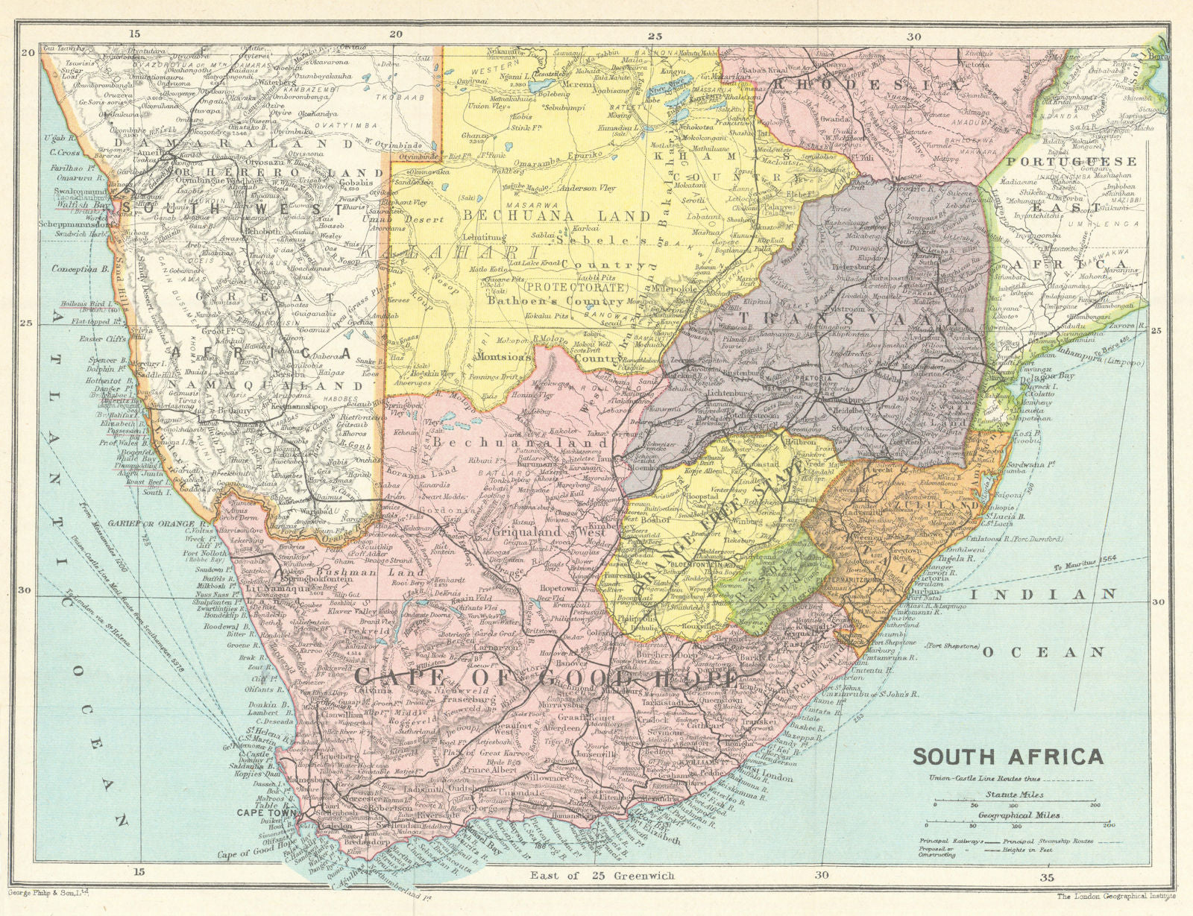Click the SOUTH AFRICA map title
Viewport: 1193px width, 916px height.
click(x=1008, y=757)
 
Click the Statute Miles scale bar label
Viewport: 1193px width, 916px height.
click(x=1014, y=795)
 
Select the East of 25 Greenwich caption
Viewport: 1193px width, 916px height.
click(x=602, y=876)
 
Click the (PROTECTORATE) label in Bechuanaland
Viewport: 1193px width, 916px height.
click(x=573, y=287)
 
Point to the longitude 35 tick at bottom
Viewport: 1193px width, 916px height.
click(x=1048, y=876)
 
